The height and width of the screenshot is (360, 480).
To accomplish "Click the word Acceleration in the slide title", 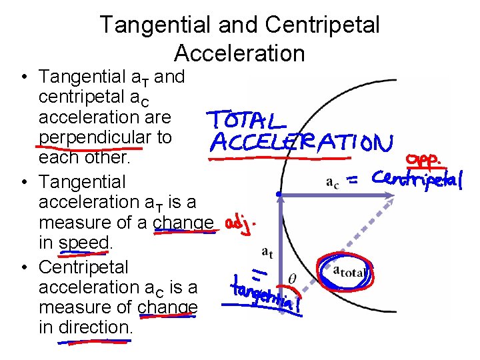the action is point(239,53).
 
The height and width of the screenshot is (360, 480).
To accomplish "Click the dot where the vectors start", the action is point(280,195).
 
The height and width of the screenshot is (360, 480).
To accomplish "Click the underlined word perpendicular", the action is point(105,137).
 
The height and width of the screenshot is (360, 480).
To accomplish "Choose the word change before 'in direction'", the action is point(168,307).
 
